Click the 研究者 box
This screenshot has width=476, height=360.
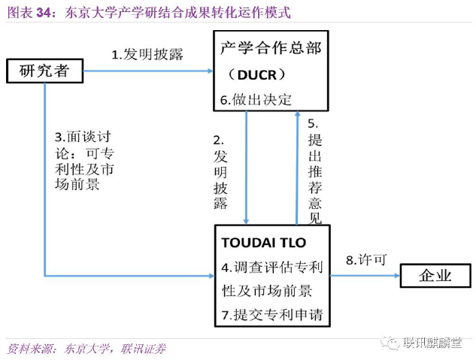[x=44, y=71]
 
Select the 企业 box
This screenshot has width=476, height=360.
[x=435, y=276]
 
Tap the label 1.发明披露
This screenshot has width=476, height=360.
[x=147, y=54]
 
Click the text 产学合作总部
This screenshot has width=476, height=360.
[x=271, y=49]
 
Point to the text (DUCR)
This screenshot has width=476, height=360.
[x=260, y=74]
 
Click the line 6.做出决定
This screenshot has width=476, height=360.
[x=256, y=99]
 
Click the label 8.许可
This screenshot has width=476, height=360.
[x=366, y=260]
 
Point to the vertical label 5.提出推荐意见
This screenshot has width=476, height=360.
[x=314, y=170]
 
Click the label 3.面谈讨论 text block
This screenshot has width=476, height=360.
[x=87, y=159]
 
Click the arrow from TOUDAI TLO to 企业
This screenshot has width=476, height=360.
[x=364, y=276]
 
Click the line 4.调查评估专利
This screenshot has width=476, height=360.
[x=271, y=267]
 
